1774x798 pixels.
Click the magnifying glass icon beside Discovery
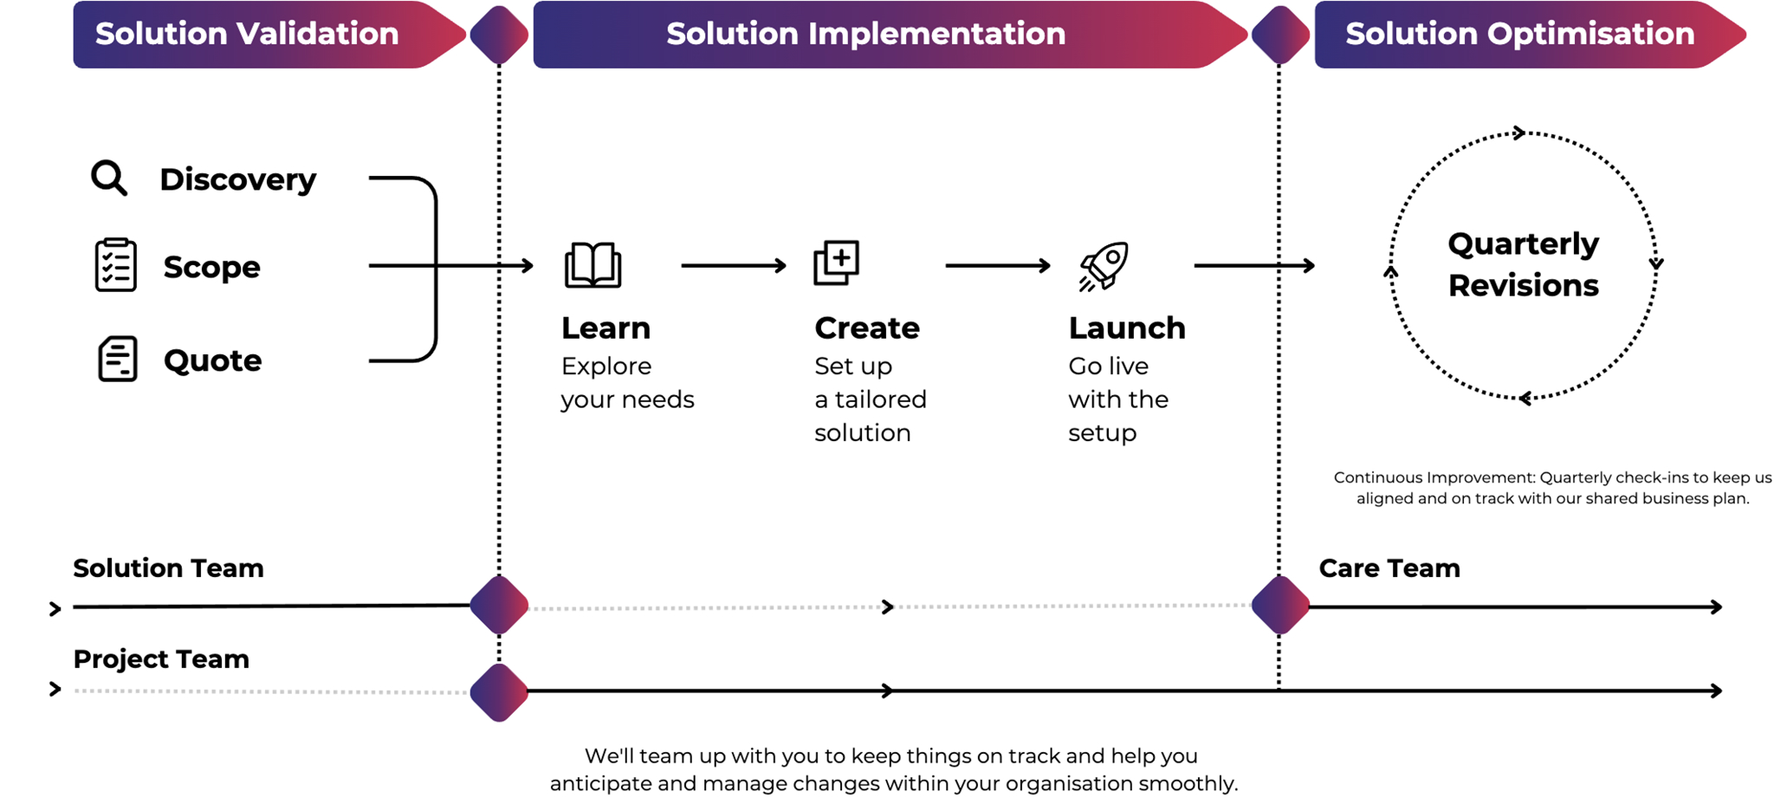[x=109, y=178]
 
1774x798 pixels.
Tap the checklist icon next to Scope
[x=115, y=265]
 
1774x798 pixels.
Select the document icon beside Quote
[x=117, y=359]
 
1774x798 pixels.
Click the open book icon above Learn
[x=592, y=264]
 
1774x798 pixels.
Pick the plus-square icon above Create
[x=836, y=263]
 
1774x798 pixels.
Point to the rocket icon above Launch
[x=1104, y=265]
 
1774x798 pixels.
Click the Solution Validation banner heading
[x=247, y=34]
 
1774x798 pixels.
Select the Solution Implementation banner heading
[x=865, y=34]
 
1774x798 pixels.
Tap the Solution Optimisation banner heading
[x=1519, y=34]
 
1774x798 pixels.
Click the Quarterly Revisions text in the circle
[x=1523, y=264]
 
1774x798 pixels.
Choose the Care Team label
[x=1389, y=568]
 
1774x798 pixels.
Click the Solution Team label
[x=168, y=568]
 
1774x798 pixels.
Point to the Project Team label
[x=161, y=659]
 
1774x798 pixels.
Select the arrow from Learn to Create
[x=733, y=265]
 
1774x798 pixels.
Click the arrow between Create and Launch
[x=997, y=265]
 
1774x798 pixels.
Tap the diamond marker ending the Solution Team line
[x=499, y=605]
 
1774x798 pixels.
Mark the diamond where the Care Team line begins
[x=1280, y=605]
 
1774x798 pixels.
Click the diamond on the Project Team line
[x=499, y=691]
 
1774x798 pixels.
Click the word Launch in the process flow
[x=1126, y=328]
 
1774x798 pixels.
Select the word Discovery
[x=237, y=179]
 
